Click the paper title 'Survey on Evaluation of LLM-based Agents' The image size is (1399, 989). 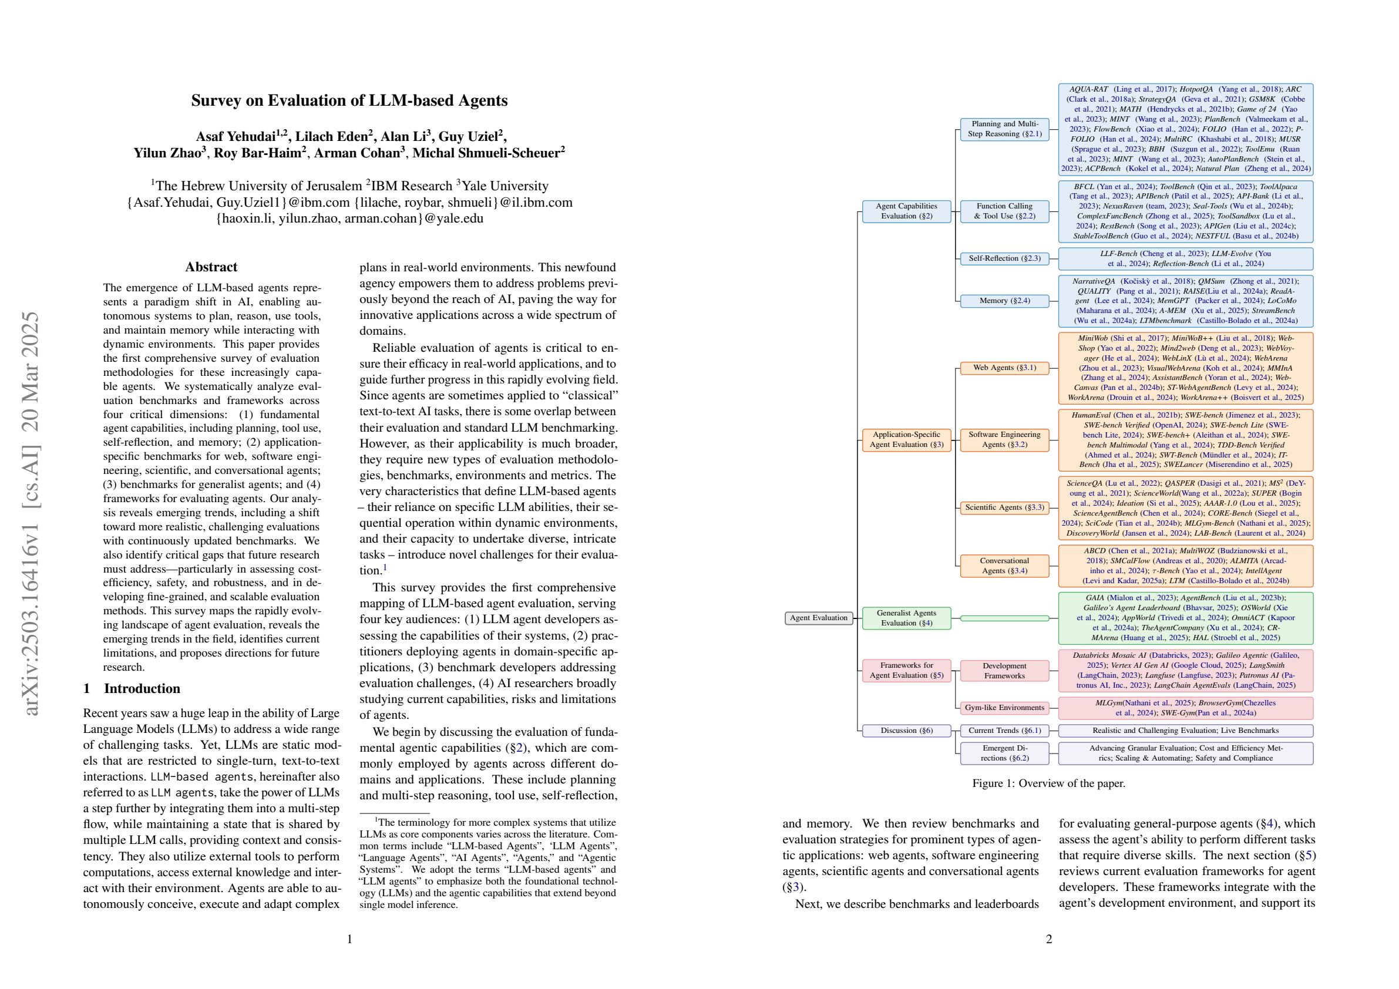[x=349, y=100]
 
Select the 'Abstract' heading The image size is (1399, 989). [x=211, y=267]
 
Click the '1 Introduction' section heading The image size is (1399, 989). [x=132, y=688]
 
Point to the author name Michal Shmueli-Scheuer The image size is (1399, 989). [x=488, y=153]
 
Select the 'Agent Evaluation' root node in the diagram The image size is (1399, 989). [x=818, y=618]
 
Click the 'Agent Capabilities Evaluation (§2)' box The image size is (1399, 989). [x=906, y=211]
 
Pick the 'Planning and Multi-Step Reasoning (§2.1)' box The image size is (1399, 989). [x=1004, y=129]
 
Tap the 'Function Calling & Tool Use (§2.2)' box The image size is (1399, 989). [x=1004, y=211]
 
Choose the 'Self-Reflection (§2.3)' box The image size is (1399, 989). [x=1004, y=258]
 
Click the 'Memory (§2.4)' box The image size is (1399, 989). [x=1004, y=301]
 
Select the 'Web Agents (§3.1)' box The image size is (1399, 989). [x=1004, y=368]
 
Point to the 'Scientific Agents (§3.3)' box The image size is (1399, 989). [x=1004, y=507]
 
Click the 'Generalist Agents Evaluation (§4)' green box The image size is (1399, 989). [x=906, y=618]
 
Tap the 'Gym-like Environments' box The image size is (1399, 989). [x=1004, y=708]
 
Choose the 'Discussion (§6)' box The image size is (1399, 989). [x=906, y=730]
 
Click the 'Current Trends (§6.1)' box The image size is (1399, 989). [x=1004, y=730]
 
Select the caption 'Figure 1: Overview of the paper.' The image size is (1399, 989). [x=1048, y=783]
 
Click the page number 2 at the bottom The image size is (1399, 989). [x=1048, y=939]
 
